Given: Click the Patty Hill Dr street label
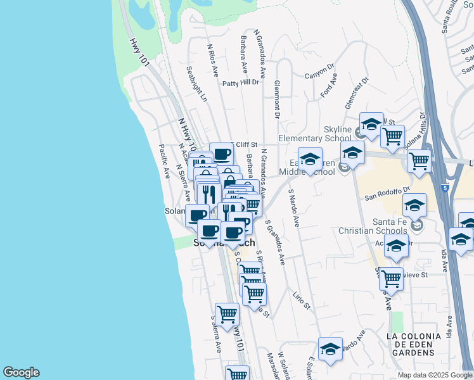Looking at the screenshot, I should pos(241,82).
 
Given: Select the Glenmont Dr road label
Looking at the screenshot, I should pos(277,99).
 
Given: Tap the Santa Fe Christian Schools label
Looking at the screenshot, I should pos(373,225).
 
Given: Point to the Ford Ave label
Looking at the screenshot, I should pos(329,85).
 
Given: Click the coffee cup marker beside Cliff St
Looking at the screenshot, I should pos(222,155).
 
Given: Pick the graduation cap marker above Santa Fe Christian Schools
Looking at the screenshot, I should pos(414,205).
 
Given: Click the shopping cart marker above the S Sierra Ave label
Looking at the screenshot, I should pos(226,313).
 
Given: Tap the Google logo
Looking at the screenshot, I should pos(21,372).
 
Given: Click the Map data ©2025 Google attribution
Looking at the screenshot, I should pos(434,375).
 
